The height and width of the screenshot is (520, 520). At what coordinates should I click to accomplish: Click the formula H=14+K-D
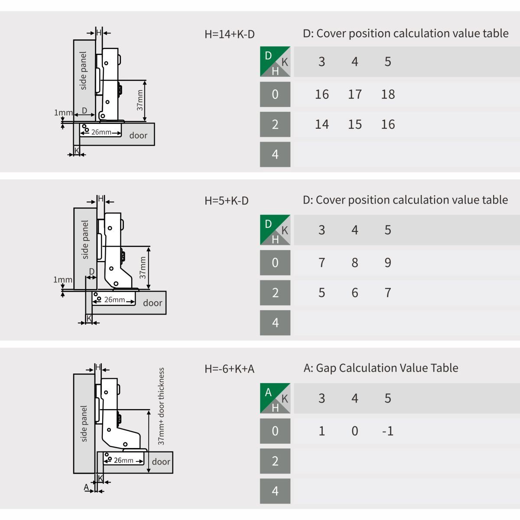(x=230, y=34)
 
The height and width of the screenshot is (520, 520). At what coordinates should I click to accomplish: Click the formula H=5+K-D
(x=227, y=201)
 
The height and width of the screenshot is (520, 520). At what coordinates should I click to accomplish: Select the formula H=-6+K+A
(x=230, y=369)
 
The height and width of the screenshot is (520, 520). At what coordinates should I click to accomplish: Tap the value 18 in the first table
(x=388, y=94)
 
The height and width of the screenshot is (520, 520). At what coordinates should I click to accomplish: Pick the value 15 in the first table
(x=355, y=124)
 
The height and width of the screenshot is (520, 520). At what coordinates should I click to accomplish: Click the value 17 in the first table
(x=355, y=94)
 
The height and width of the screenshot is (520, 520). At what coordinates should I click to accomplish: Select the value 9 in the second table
(x=388, y=263)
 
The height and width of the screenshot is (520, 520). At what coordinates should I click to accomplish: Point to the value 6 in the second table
(x=355, y=293)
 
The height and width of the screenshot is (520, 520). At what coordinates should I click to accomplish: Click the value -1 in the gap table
(x=388, y=431)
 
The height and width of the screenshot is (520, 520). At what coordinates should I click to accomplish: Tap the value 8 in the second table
(x=355, y=263)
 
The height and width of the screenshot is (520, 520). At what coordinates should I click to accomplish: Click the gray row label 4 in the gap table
(x=275, y=491)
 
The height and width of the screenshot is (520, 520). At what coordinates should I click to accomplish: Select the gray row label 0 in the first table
(x=275, y=94)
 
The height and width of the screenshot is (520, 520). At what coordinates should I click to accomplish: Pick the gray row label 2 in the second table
(x=275, y=293)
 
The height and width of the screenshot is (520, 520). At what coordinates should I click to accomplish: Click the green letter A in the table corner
(x=268, y=392)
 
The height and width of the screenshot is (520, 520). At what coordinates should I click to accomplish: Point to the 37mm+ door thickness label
(x=161, y=406)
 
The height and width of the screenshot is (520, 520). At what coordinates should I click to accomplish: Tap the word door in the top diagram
(x=138, y=136)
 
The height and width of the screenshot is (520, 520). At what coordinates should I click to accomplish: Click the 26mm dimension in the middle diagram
(x=115, y=300)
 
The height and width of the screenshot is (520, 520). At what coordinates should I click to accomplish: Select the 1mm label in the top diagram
(x=63, y=113)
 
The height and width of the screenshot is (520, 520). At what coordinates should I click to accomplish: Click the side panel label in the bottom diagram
(x=84, y=424)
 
